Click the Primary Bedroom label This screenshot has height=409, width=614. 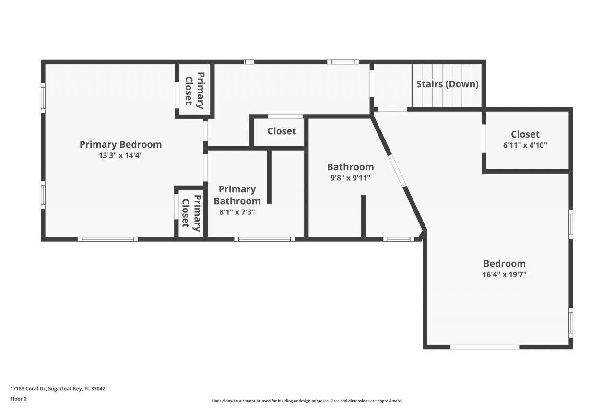(x=120, y=144)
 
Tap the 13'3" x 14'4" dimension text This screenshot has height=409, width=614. (x=120, y=155)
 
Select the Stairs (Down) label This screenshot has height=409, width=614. (x=447, y=84)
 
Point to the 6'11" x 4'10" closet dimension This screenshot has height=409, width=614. (x=525, y=145)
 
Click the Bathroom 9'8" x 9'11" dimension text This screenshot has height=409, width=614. (x=350, y=178)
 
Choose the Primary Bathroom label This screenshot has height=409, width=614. (x=237, y=195)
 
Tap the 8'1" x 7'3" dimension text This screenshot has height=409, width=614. (x=237, y=211)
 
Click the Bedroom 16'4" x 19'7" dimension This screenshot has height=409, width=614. (x=504, y=275)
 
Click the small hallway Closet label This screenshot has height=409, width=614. (x=282, y=131)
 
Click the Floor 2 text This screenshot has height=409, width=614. (x=19, y=399)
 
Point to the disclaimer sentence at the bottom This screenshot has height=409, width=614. (x=307, y=401)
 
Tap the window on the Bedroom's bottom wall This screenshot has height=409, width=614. (x=484, y=347)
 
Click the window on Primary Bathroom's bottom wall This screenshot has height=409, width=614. (x=264, y=239)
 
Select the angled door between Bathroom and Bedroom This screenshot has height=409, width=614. (x=397, y=170)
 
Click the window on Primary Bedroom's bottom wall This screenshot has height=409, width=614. (x=108, y=239)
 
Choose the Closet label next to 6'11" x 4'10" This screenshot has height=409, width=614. (x=525, y=134)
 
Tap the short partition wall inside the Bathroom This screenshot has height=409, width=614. (x=364, y=216)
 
